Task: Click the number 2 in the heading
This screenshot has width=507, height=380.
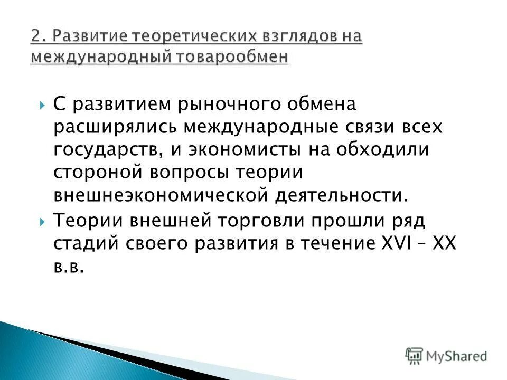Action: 36,37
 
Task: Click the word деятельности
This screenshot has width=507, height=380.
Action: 340,195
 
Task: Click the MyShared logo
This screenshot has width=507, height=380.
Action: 447,356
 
